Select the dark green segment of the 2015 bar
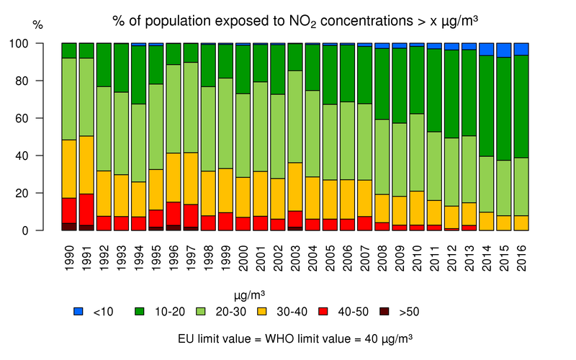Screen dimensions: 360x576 click(504, 109)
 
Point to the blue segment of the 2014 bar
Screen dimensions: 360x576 click(487, 49)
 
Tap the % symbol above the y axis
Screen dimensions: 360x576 click(38, 26)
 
